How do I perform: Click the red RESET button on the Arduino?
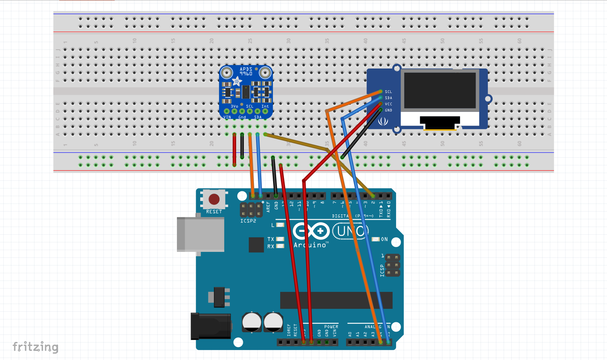tap(214, 199)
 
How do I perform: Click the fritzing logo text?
tap(36, 347)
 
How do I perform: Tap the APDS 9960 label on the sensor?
tap(246, 71)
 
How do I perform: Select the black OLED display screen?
tap(440, 90)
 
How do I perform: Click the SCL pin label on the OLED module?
tap(388, 92)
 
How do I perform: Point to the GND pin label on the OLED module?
tap(388, 110)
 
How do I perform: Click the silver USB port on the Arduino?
tap(200, 234)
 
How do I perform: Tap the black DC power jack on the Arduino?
tap(211, 326)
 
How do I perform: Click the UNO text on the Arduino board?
tap(350, 231)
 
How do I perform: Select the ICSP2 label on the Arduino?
tap(248, 221)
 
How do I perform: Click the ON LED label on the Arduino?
tap(385, 239)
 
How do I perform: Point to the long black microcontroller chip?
tap(336, 300)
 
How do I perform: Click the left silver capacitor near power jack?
tap(252, 322)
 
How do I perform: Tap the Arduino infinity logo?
tap(311, 231)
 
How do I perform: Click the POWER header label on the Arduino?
tap(331, 327)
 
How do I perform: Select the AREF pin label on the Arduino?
tap(268, 206)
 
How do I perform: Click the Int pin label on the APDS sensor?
tap(265, 106)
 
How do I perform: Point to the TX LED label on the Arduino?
tap(271, 239)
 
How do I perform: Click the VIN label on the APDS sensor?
tap(227, 117)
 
